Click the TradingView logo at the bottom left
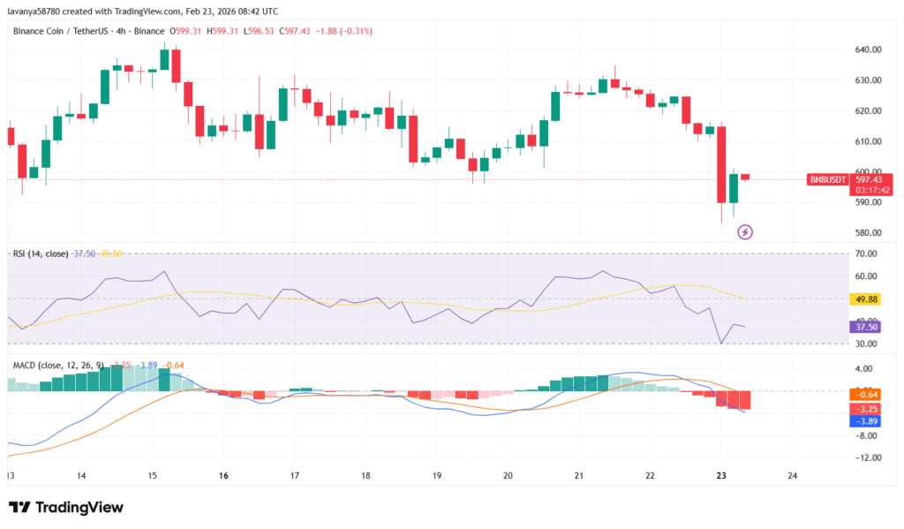(66, 508)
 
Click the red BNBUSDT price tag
(827, 179)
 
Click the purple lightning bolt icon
(745, 232)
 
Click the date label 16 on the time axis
(223, 475)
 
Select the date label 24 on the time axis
(792, 475)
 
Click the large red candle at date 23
(721, 165)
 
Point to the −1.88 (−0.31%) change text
(343, 31)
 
